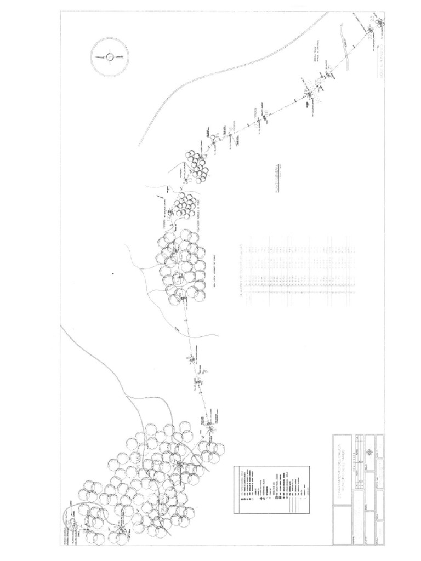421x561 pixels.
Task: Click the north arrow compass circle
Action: [109, 56]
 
